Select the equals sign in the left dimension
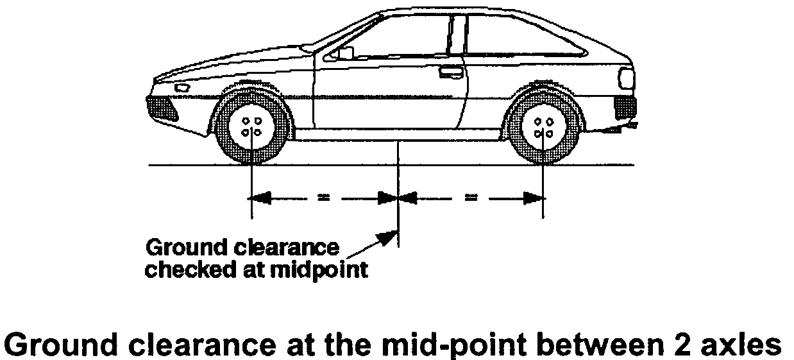tap(323, 198)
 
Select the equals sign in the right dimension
tap(471, 198)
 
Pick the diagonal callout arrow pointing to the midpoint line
tap(372, 244)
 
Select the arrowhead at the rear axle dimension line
tap(531, 198)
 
